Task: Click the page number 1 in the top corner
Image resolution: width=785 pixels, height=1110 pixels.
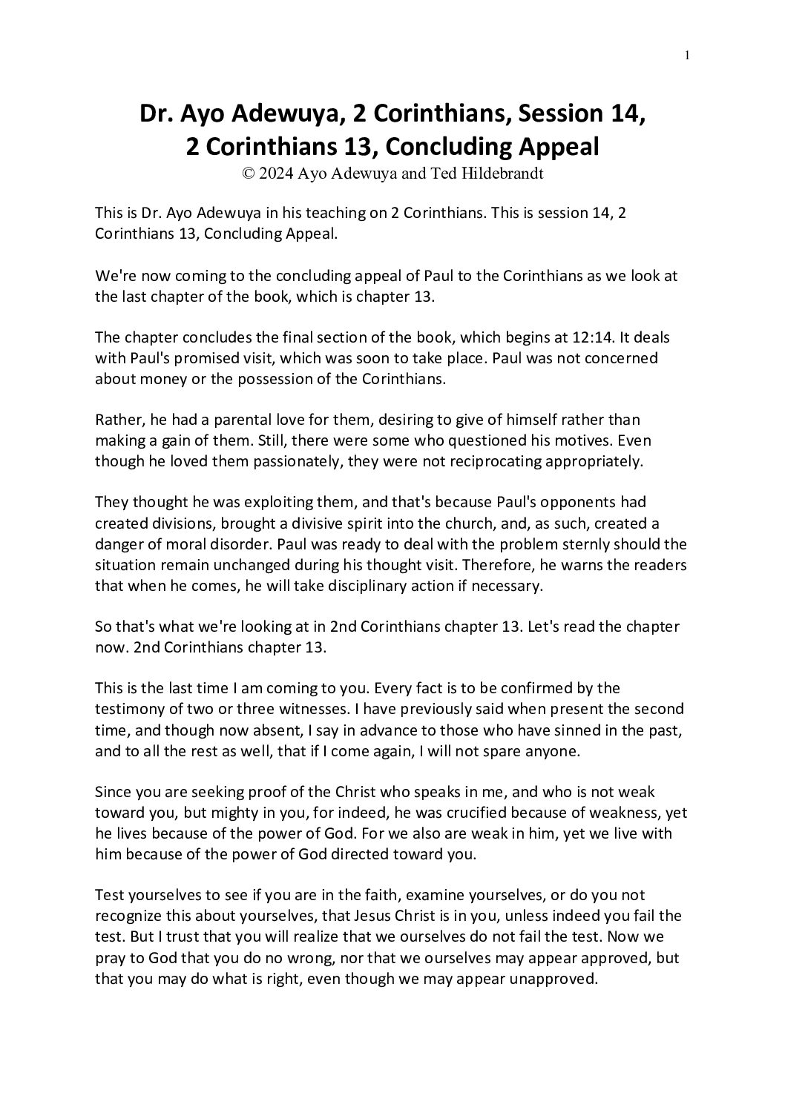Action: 688,55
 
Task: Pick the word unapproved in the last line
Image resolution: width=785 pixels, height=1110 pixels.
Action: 555,978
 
